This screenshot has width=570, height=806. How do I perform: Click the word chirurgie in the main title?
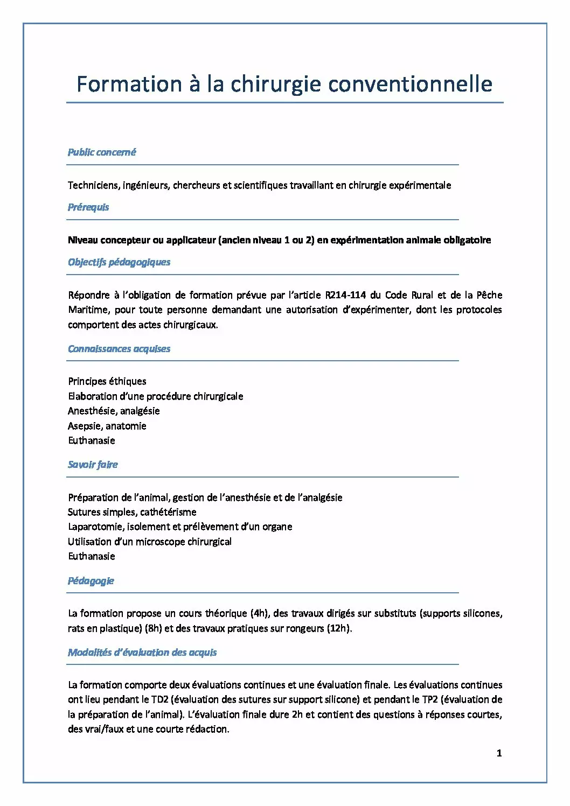coord(276,85)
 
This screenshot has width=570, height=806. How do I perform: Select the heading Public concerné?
coord(102,152)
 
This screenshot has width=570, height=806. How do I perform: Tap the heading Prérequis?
coord(88,207)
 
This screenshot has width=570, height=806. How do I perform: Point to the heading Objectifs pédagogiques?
coord(119,262)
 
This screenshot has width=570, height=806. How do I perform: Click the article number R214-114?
coord(345,295)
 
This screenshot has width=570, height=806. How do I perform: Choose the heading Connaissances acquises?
coord(119,349)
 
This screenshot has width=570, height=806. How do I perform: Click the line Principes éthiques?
coord(107,381)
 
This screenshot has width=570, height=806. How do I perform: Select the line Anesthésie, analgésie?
coord(114,411)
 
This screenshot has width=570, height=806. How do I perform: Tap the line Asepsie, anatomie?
coord(107,426)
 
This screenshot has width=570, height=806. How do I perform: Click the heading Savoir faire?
coord(93,465)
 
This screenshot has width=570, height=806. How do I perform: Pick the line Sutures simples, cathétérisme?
coord(132,512)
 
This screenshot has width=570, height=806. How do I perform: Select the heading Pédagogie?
coord(91,581)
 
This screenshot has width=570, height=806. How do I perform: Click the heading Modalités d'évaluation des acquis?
coord(142,653)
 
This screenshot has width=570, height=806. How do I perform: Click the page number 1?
coord(499,753)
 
